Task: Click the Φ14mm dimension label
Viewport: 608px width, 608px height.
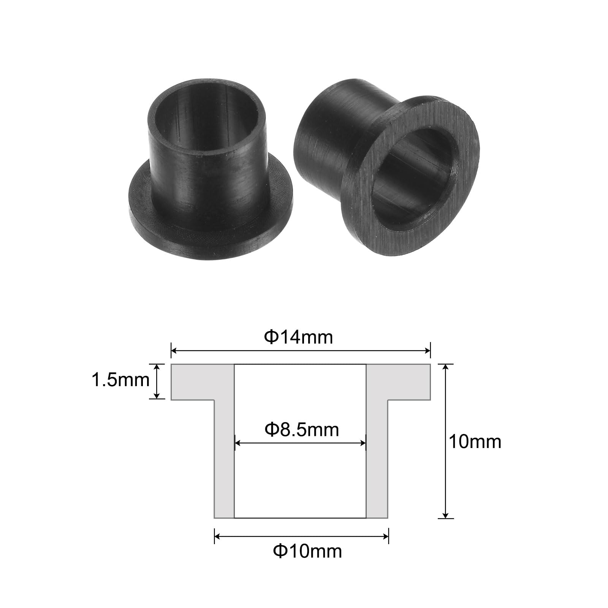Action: [x=299, y=337]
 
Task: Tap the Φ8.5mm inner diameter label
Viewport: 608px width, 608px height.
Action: [x=302, y=429]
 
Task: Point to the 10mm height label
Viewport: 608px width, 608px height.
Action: [x=475, y=442]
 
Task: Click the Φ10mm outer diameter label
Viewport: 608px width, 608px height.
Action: [x=307, y=551]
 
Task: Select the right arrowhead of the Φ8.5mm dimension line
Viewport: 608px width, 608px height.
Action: [x=363, y=443]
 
